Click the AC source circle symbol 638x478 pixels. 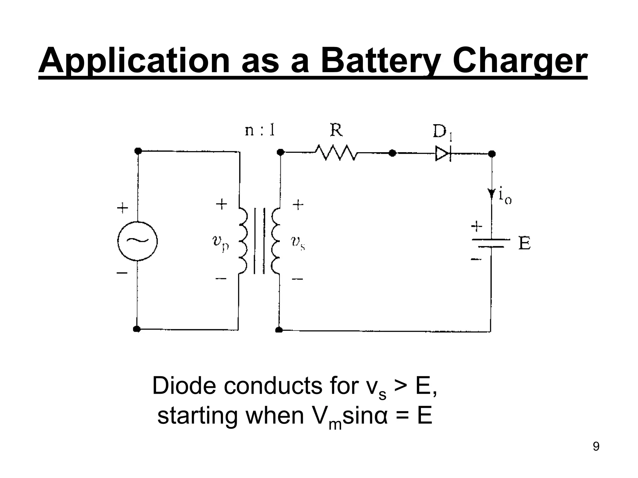click(x=137, y=241)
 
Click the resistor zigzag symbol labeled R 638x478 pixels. click(x=336, y=152)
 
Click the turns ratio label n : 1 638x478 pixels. click(x=259, y=130)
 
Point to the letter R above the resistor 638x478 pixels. click(x=336, y=130)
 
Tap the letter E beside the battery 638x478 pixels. click(x=525, y=244)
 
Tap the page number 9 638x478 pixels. click(x=596, y=447)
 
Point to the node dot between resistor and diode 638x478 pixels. click(x=393, y=153)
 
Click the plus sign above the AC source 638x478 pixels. click(x=122, y=208)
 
